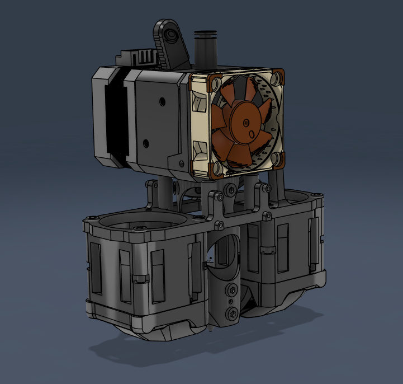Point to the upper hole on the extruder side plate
[x=162, y=102]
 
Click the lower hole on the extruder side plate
[x=146, y=142]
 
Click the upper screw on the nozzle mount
[x=230, y=289]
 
